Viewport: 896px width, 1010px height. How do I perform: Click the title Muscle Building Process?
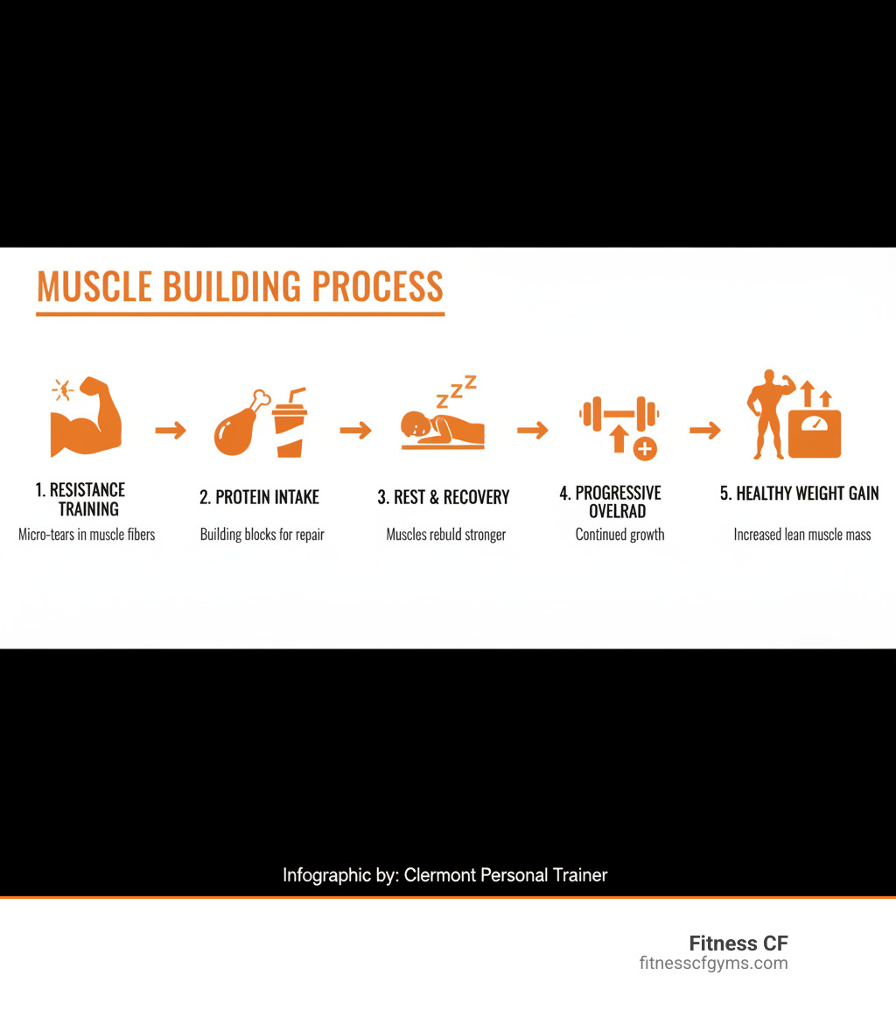[240, 287]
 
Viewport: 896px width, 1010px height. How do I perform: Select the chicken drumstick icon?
[236, 424]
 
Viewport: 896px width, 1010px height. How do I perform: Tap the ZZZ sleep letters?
[456, 391]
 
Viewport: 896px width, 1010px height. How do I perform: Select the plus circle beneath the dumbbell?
[645, 449]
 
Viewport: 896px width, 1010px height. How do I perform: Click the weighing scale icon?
[814, 432]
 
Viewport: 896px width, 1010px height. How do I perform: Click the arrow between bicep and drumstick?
[171, 430]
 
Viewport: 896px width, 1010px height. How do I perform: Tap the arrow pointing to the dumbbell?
[532, 430]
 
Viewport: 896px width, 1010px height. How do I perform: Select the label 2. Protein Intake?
[259, 497]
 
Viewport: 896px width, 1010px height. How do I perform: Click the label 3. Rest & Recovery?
[444, 497]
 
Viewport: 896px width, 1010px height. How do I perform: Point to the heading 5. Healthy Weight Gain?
[799, 494]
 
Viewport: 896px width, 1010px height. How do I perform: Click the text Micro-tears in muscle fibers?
[87, 534]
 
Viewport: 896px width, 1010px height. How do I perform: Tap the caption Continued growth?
[619, 534]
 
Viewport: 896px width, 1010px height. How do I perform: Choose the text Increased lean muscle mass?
[802, 534]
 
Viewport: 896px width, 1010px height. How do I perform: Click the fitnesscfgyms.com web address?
[713, 964]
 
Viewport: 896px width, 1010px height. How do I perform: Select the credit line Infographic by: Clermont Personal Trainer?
[444, 875]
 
